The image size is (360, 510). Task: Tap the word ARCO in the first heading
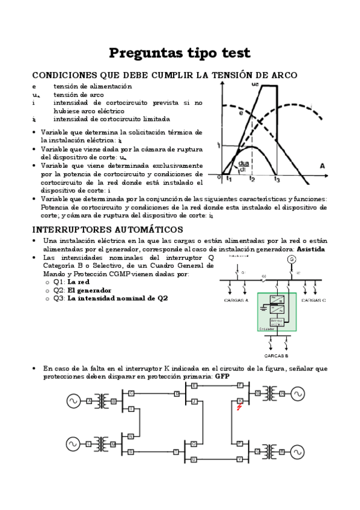(282, 75)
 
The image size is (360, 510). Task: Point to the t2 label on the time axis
(252, 179)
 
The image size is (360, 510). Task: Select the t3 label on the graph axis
(276, 179)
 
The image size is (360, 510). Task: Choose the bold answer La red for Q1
(79, 281)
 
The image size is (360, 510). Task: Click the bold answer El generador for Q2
(89, 290)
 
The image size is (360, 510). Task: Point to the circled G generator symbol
(292, 259)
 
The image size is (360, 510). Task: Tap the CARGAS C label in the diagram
(313, 299)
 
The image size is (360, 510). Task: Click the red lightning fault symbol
(240, 407)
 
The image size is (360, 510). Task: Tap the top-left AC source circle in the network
(73, 401)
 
